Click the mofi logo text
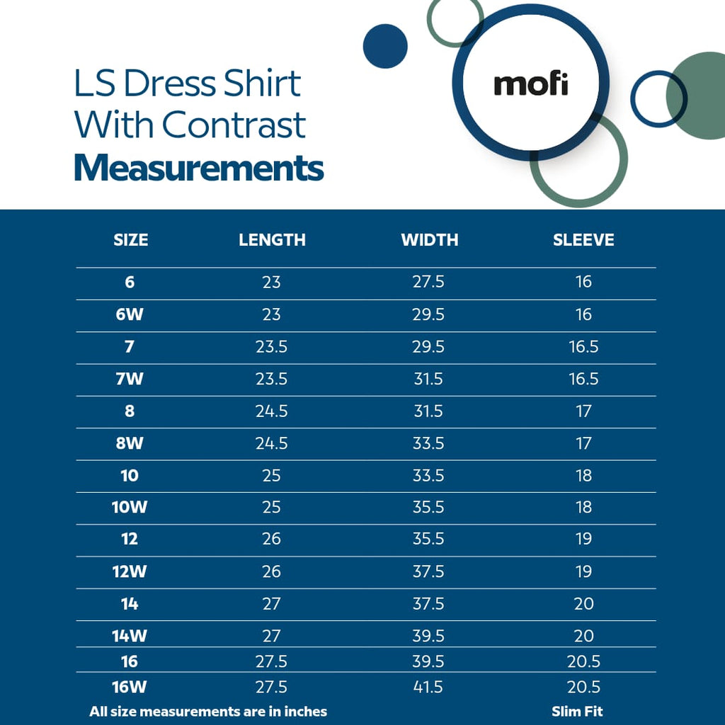click(531, 84)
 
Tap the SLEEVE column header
click(583, 240)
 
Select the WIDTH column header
click(429, 240)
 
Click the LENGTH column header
click(272, 240)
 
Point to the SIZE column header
click(131, 240)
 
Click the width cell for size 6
click(428, 282)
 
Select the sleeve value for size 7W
click(583, 379)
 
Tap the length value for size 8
click(271, 411)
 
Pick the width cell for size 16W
click(428, 687)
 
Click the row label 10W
click(130, 508)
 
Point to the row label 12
click(130, 540)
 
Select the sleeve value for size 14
click(583, 604)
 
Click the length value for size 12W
click(271, 571)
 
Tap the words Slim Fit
click(577, 712)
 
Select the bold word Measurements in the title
click(199, 169)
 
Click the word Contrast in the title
click(234, 125)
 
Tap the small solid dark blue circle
click(385, 46)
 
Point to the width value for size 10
click(428, 475)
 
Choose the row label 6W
click(130, 314)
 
